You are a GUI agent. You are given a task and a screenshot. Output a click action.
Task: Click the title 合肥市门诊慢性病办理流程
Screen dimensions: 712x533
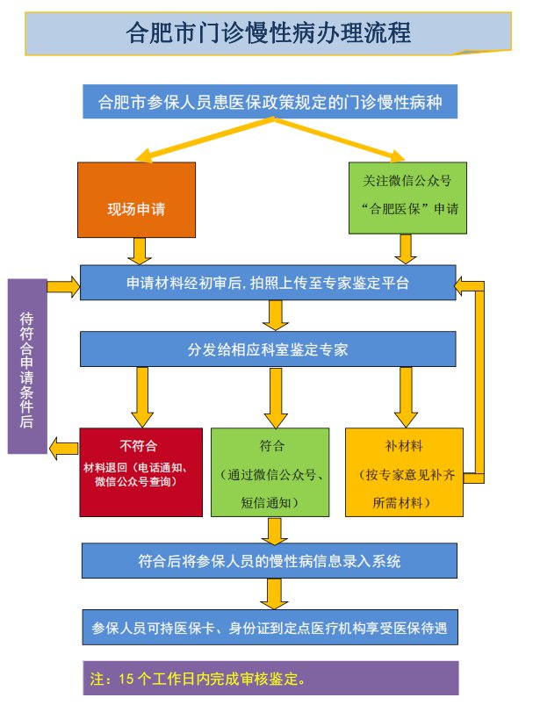tap(269, 33)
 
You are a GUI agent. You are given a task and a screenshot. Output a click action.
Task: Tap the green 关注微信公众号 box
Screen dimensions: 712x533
tap(407, 198)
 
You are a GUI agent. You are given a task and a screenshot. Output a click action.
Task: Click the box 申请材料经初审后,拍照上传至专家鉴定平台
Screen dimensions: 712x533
tap(268, 284)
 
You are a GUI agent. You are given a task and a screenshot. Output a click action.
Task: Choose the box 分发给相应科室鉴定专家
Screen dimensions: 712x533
tap(268, 349)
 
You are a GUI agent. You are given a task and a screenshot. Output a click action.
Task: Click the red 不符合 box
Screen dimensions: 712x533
tap(138, 471)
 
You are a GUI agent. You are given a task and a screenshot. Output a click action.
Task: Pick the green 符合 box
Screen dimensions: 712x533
tap(270, 471)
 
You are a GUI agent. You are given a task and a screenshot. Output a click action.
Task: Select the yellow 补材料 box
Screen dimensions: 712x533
tap(402, 471)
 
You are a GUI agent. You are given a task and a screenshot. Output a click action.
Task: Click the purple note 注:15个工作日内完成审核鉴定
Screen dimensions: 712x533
tap(270, 678)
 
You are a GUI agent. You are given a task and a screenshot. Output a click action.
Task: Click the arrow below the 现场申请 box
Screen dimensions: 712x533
tap(138, 250)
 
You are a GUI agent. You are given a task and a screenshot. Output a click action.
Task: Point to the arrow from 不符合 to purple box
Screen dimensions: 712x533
tap(63, 449)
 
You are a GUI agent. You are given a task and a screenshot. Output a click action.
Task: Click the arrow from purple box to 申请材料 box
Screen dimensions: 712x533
tap(63, 285)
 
